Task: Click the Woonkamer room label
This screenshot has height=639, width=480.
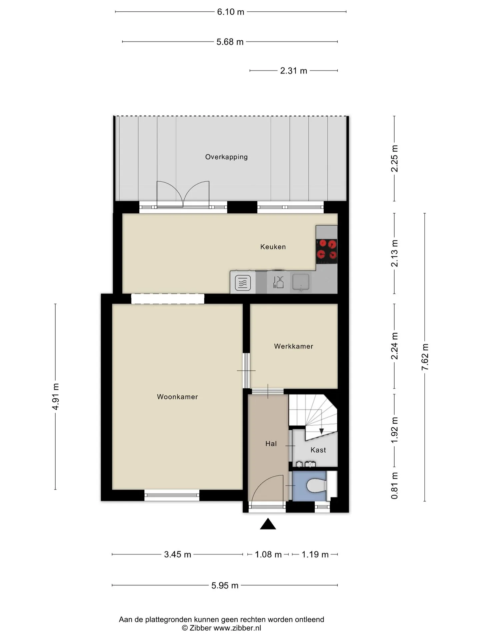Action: tap(177, 397)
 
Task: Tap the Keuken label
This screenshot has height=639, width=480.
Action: tap(273, 247)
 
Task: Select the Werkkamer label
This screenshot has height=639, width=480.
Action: tap(294, 346)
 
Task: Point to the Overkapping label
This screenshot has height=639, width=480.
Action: tap(226, 157)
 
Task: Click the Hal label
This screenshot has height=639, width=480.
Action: tap(271, 443)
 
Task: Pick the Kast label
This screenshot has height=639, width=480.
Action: tap(318, 450)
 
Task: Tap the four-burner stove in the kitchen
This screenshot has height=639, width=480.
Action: tap(327, 250)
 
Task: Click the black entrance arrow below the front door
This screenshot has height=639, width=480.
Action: tap(268, 524)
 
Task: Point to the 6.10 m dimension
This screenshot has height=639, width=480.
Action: tap(231, 12)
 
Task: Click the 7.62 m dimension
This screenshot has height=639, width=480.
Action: tap(425, 357)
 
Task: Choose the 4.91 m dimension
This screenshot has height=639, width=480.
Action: tap(55, 396)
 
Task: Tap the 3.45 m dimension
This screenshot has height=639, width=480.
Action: tap(178, 554)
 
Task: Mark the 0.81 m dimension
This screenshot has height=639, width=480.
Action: tap(394, 486)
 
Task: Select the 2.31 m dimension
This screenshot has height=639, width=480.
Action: tap(294, 71)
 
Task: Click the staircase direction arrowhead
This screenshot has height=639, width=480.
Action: tap(321, 431)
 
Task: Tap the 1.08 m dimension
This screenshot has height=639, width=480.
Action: tap(268, 554)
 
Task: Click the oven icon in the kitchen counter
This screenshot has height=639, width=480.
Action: tap(243, 283)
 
